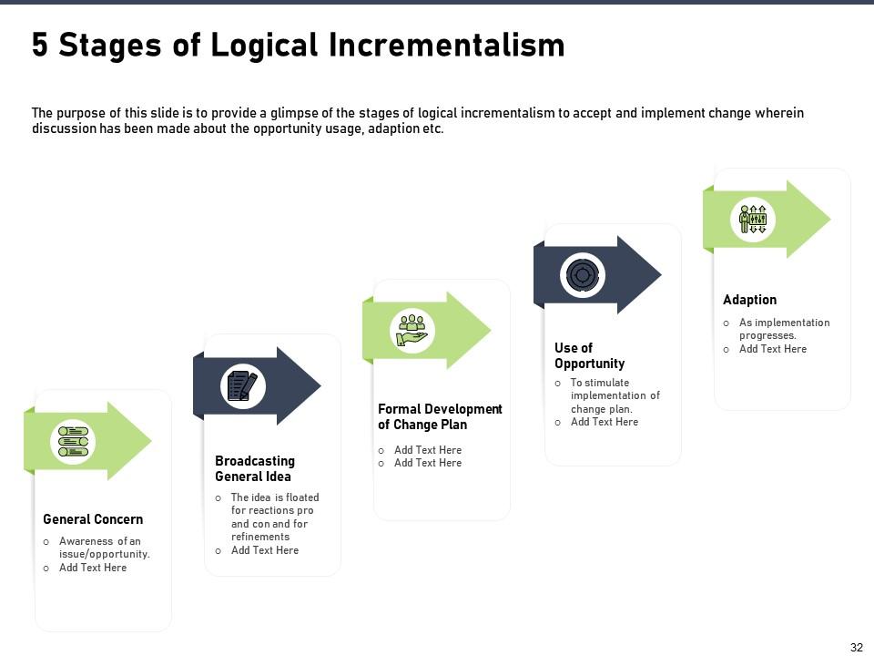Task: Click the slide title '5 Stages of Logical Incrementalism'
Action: pos(298,45)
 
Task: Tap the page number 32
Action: pos(856,647)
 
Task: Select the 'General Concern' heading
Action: pos(93,519)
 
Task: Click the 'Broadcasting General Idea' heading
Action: pos(254,468)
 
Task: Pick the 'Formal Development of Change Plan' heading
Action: pos(440,416)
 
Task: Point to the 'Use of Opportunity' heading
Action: pos(589,355)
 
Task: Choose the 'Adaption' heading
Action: pos(749,300)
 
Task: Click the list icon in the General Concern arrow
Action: pos(74,441)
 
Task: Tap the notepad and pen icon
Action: pos(242,385)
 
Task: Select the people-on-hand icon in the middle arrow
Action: pos(412,330)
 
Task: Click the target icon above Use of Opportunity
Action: pos(583,274)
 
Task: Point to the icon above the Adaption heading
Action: pos(753,219)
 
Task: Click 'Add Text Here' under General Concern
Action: pos(93,568)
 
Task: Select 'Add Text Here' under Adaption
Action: pos(772,349)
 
